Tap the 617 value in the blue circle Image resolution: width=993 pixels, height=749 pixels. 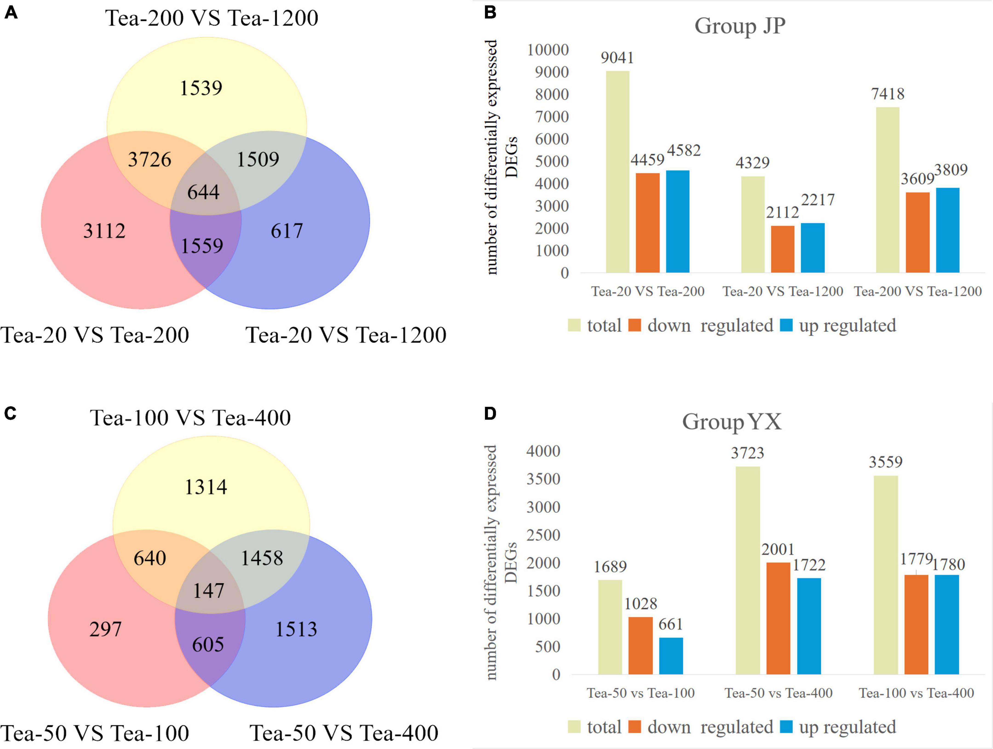pyautogui.click(x=287, y=231)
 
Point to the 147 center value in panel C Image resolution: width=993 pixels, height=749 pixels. pyautogui.click(x=208, y=591)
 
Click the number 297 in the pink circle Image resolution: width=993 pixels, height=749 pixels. pyautogui.click(x=106, y=629)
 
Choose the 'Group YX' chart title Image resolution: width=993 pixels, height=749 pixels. pyautogui.click(x=732, y=421)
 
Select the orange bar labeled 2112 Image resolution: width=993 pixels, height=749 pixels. pyautogui.click(x=783, y=249)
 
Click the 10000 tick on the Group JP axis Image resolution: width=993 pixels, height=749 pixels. pyautogui.click(x=548, y=50)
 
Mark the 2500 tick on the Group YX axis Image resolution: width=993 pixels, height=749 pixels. pyautogui.click(x=543, y=535)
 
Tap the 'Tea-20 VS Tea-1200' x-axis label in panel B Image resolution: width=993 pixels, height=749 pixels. pyautogui.click(x=783, y=291)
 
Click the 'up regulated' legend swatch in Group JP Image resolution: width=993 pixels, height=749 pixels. pyautogui.click(x=786, y=325)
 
